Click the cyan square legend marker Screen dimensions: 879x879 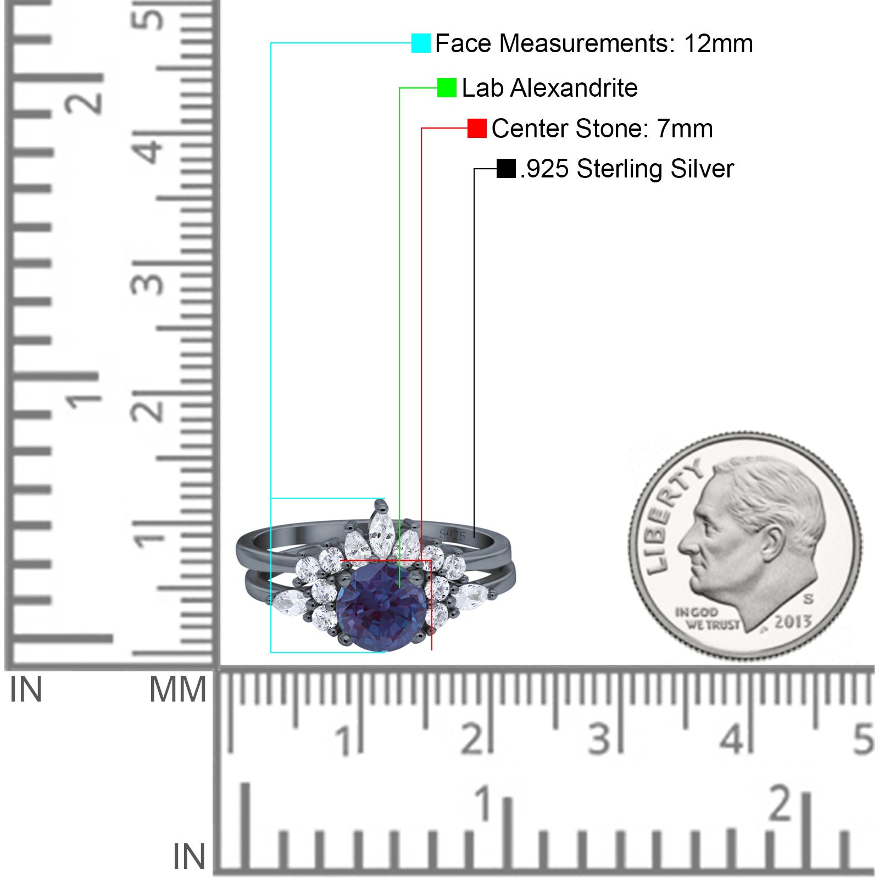pos(421,43)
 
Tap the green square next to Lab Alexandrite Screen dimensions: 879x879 pos(447,87)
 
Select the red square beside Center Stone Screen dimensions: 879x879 pos(477,128)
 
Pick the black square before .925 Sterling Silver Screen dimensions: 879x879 pos(505,168)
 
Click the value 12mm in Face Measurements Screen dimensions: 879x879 pos(718,43)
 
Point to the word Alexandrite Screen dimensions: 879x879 pos(574,88)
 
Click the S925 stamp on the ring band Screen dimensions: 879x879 pos(452,535)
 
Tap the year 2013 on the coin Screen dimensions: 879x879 pos(792,622)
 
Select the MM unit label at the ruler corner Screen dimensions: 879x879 pos(177,689)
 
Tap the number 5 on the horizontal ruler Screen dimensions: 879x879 pos(863,739)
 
